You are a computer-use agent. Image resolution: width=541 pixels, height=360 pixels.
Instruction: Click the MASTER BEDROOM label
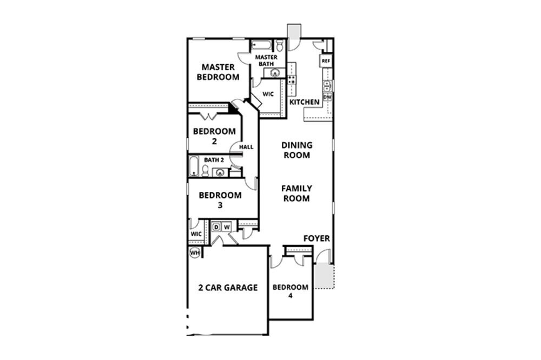coord(218,72)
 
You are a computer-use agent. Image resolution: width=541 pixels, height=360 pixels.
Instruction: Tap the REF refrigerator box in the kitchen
coord(326,61)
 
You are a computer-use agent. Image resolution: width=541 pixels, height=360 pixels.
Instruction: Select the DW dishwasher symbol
coord(327,97)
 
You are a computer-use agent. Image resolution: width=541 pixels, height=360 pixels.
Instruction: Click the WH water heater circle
coord(194,252)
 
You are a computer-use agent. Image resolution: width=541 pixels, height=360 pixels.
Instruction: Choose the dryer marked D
coord(216,226)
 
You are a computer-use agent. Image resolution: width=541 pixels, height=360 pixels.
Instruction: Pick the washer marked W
coord(227,226)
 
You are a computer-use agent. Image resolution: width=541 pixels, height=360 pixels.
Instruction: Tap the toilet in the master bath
coord(280,45)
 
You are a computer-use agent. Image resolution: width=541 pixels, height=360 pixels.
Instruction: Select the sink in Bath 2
coord(220,173)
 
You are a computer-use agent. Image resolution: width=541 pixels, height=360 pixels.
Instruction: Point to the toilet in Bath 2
coord(206,171)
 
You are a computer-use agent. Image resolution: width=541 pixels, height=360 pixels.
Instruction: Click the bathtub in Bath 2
coord(194,166)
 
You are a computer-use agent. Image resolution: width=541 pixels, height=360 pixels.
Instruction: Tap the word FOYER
coord(316,238)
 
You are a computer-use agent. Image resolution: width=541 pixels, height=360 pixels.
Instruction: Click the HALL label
coord(246,146)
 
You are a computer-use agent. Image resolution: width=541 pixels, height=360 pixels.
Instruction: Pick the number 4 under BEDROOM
coord(291,296)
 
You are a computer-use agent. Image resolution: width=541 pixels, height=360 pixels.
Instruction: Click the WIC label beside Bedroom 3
coord(196,234)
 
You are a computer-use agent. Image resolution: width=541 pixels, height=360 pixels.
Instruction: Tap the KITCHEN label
coord(305,102)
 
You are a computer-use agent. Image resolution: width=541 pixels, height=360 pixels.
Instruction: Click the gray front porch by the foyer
coord(324,275)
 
